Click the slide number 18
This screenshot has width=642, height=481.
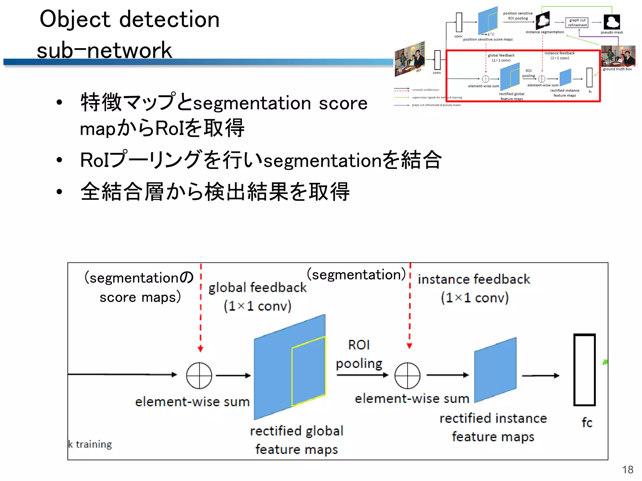coord(628,470)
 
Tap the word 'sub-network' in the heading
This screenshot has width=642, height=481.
coord(104,50)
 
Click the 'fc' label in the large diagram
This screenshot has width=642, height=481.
coord(587,422)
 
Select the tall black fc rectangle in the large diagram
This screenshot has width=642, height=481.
coord(584,370)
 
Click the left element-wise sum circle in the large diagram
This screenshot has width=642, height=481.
coord(199,375)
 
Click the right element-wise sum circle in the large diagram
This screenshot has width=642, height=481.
coord(407,375)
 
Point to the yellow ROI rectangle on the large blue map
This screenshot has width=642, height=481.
coord(309,371)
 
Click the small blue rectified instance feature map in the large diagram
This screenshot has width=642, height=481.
coord(495,370)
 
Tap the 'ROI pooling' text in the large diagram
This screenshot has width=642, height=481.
coord(359,354)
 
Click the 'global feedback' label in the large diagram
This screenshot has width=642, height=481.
coord(257,287)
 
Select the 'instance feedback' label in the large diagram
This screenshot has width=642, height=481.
coord(474,279)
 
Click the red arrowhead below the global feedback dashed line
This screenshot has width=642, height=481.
coord(201,349)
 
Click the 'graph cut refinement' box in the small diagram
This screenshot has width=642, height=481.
coord(577,23)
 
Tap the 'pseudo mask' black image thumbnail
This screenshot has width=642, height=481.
coord(612,22)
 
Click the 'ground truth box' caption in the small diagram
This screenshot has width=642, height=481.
coord(617,69)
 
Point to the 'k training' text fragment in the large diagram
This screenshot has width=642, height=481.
coord(90,444)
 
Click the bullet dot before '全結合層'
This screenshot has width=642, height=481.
coord(59,191)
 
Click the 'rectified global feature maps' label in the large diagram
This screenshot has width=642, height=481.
coord(297,440)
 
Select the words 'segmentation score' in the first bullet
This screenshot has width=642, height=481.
coord(280,103)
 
